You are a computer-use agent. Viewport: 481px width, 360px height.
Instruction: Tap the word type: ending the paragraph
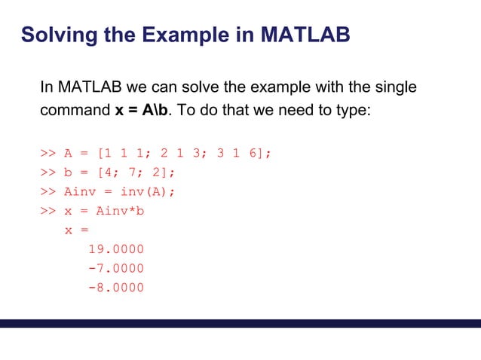tap(351, 109)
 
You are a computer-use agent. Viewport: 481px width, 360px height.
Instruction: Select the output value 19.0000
tap(116, 249)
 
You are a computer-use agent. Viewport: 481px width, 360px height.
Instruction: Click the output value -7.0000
tap(116, 269)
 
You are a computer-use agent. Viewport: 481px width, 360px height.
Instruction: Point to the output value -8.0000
tap(116, 288)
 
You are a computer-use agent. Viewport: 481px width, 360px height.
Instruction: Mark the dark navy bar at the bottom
tap(240, 323)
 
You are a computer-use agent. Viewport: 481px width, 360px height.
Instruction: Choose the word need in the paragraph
tap(292, 109)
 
